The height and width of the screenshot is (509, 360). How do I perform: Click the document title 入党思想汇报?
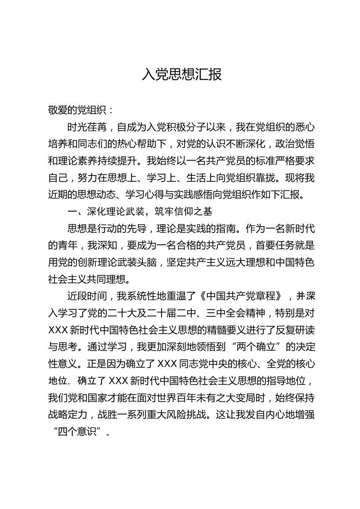[x=182, y=75]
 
